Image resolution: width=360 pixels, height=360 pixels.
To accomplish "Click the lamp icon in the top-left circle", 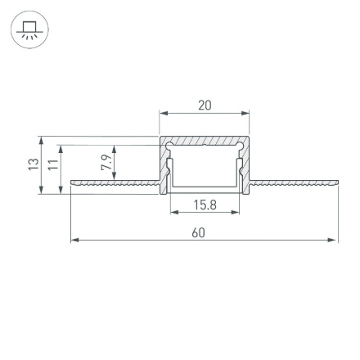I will (29, 31).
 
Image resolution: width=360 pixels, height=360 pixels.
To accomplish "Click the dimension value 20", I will (205, 105).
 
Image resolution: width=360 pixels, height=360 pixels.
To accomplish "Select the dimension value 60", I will (198, 232).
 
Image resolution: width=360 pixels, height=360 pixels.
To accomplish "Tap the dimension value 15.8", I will (205, 205).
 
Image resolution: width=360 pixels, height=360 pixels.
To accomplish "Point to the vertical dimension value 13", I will (34, 164).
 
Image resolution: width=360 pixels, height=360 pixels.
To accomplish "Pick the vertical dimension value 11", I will (53, 165).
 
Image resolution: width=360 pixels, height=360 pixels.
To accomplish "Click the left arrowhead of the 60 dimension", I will (74, 241).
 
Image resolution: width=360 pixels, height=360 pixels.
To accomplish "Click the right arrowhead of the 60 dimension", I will (334, 241).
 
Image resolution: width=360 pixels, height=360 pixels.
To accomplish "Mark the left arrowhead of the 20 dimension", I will (163, 114).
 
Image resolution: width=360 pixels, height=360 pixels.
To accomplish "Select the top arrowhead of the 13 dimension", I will (41, 140).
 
